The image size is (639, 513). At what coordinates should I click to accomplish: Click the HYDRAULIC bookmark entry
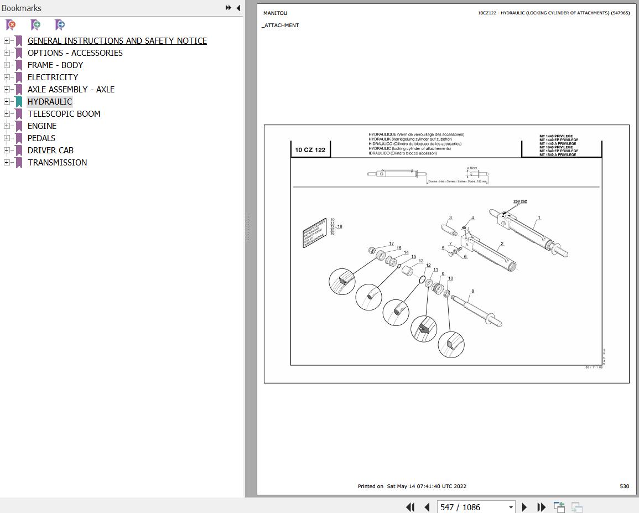[50, 102]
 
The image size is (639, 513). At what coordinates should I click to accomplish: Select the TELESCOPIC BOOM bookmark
[64, 114]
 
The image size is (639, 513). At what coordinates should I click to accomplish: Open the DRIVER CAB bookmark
[50, 151]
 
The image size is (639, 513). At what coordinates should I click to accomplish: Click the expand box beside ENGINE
[7, 126]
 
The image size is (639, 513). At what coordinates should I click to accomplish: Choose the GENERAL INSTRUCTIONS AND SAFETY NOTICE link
[117, 41]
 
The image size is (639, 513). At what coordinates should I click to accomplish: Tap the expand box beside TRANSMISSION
[7, 163]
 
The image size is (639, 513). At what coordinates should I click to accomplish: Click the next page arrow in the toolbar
[524, 507]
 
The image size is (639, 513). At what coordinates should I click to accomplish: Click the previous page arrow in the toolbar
[427, 507]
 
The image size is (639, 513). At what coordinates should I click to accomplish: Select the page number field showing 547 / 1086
[470, 507]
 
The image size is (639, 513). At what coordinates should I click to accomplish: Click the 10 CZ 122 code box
[310, 150]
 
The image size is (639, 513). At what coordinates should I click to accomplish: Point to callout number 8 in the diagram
[472, 291]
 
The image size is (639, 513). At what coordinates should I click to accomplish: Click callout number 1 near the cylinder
[539, 218]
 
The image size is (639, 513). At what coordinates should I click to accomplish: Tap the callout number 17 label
[391, 244]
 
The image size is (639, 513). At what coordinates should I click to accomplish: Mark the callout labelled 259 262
[519, 201]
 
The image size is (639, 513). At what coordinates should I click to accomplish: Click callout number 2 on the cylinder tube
[502, 244]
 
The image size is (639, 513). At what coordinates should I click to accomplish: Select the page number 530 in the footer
[624, 486]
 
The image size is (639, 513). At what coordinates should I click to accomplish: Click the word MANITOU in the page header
[275, 13]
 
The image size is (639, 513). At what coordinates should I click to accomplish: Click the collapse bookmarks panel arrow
[238, 8]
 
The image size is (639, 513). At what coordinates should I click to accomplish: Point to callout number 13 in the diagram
[420, 261]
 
